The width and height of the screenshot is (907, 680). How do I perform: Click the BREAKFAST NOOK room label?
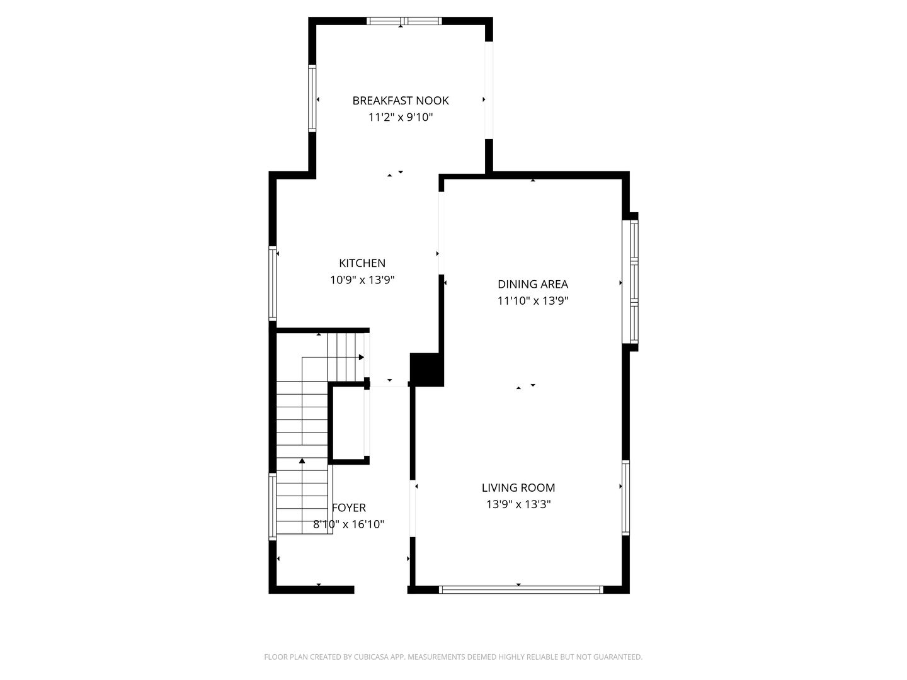tap(401, 101)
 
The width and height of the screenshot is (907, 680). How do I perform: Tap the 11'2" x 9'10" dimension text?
tap(401, 117)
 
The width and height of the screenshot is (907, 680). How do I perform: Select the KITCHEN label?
tap(362, 263)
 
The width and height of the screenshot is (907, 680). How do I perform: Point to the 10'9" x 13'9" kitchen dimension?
tap(362, 280)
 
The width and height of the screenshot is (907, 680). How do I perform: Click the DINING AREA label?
tap(533, 284)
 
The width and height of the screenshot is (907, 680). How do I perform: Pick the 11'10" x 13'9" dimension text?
tap(533, 301)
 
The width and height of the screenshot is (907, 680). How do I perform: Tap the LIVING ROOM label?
tap(518, 487)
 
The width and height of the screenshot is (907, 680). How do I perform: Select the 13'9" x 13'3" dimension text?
tap(518, 504)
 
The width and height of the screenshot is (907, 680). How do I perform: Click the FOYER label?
tap(349, 507)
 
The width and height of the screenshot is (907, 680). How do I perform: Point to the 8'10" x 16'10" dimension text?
tap(349, 524)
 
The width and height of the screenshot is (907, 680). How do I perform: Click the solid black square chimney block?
tap(426, 369)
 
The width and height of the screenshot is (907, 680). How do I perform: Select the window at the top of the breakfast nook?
tap(404, 21)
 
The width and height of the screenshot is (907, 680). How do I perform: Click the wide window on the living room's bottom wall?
tap(520, 590)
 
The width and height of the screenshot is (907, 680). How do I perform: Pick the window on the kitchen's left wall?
tap(273, 283)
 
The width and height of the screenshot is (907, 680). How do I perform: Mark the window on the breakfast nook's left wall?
tap(312, 99)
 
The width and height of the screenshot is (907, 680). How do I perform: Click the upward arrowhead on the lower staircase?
tap(302, 462)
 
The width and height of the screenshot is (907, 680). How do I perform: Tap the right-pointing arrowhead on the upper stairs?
tap(362, 358)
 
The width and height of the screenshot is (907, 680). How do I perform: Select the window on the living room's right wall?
tap(625, 497)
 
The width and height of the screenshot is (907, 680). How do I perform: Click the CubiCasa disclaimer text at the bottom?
tap(453, 657)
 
